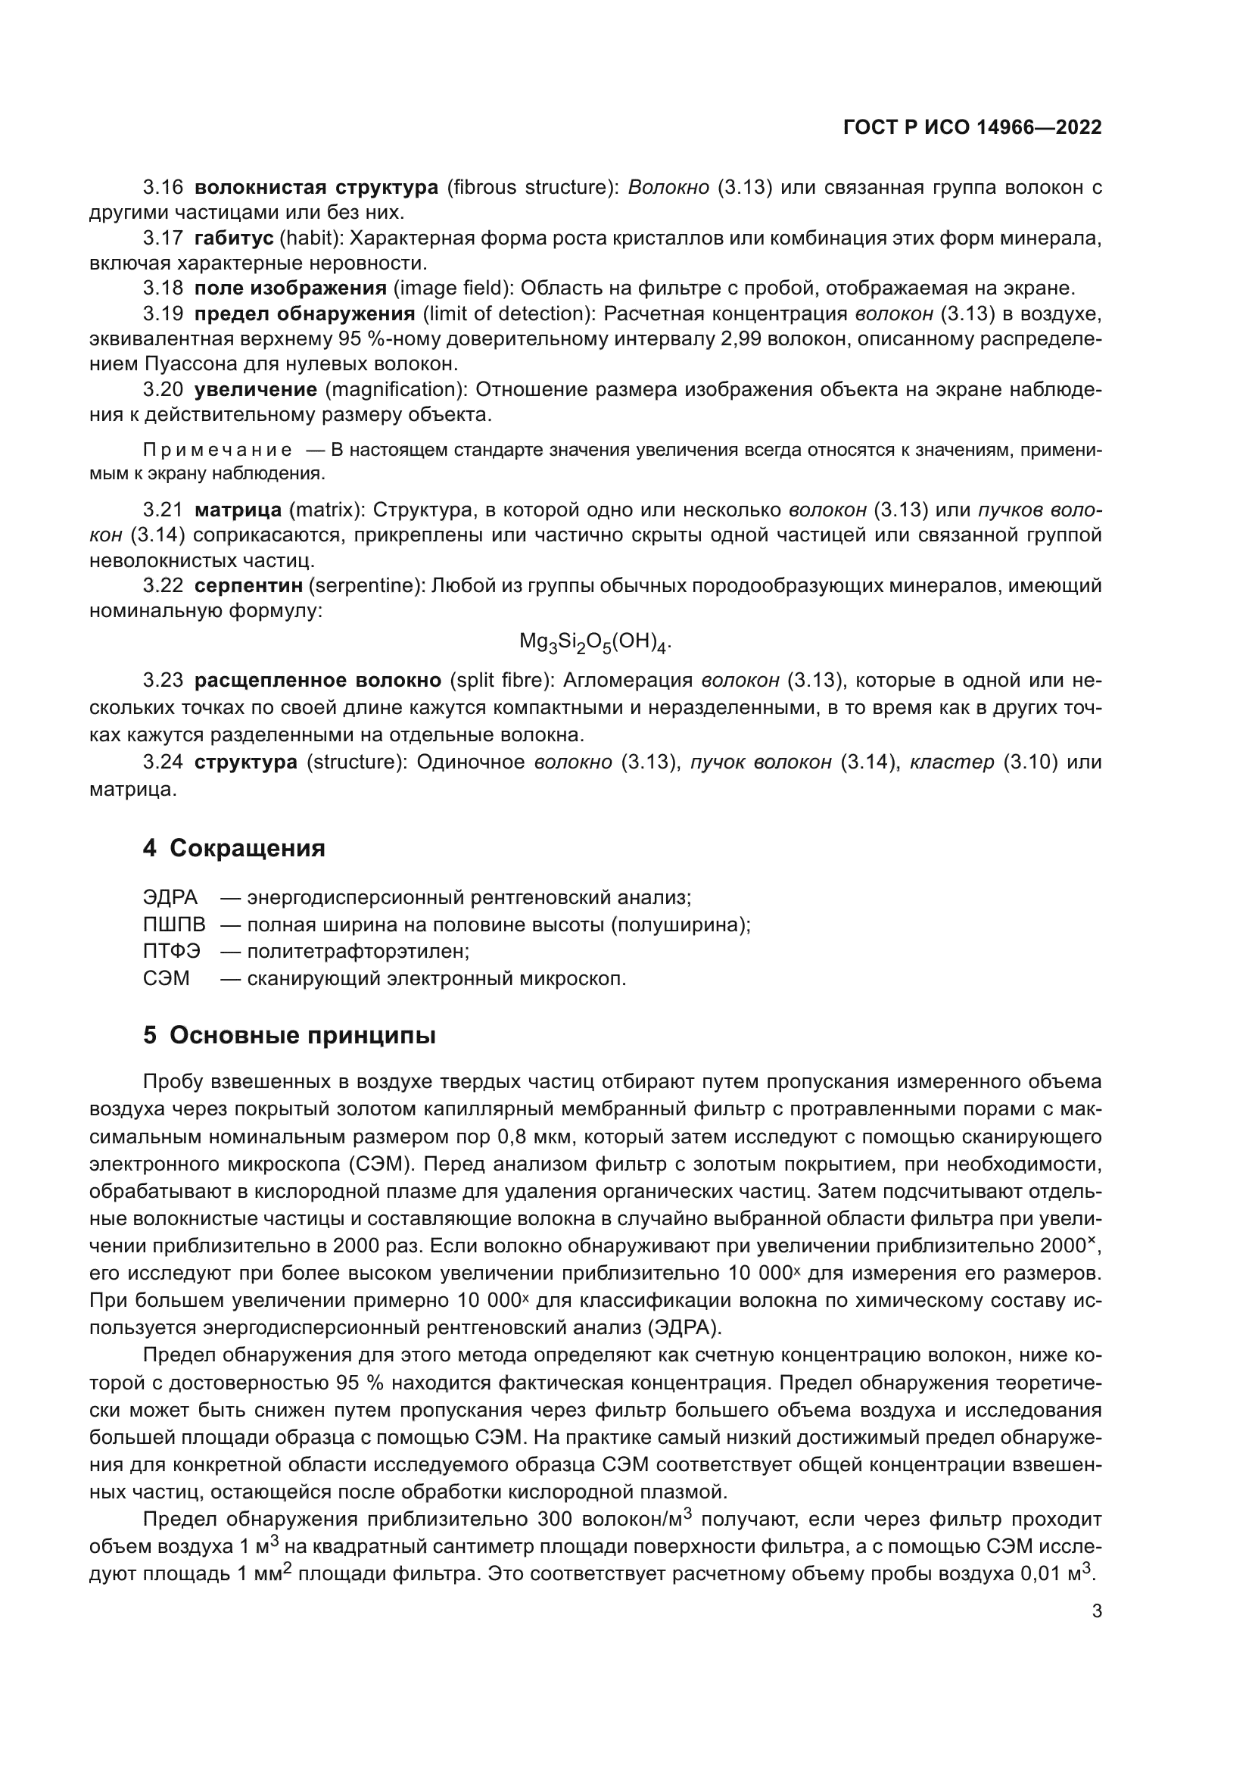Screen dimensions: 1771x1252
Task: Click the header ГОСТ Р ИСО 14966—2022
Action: pyautogui.click(x=972, y=127)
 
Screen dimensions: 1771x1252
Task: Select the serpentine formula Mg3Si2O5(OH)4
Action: pyautogui.click(x=594, y=642)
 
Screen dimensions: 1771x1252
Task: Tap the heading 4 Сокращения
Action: pyautogui.click(x=234, y=849)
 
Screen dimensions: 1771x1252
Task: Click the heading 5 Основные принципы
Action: pyautogui.click(x=289, y=1035)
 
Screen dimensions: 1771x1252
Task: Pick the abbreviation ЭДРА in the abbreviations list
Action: pyautogui.click(x=170, y=898)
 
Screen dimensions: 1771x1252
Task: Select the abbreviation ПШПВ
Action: pyautogui.click(x=174, y=924)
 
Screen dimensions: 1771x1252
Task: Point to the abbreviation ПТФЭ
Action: pyautogui.click(x=171, y=952)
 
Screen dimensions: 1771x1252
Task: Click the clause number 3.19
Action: pyautogui.click(x=163, y=314)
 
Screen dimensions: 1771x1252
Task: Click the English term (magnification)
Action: pyautogui.click(x=391, y=389)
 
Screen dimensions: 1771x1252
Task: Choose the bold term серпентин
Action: pyautogui.click(x=248, y=585)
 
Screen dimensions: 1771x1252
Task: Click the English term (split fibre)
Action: pyautogui.click(x=500, y=681)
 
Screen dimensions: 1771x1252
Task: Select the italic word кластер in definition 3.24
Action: pyautogui.click(x=951, y=763)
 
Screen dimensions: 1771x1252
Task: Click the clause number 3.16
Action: pyautogui.click(x=163, y=188)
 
